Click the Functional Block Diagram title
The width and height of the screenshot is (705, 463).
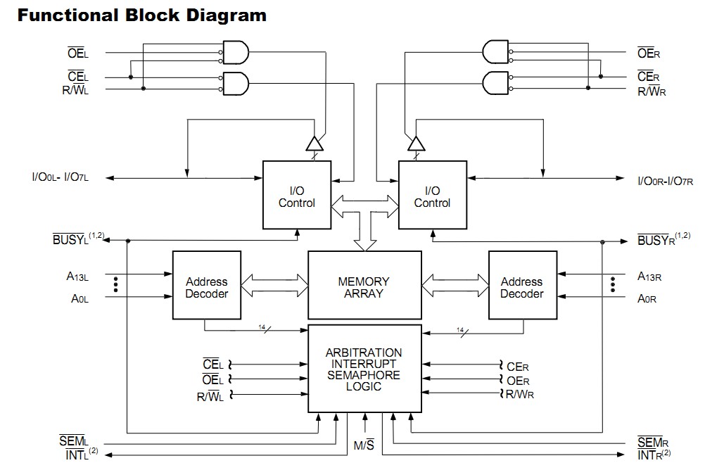pos(142,15)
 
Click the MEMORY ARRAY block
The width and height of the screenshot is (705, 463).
pos(363,287)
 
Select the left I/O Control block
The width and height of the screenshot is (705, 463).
pos(297,196)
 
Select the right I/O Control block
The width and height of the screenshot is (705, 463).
pos(432,196)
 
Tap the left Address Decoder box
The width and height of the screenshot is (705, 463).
pos(206,287)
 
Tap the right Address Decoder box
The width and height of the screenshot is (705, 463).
pos(521,287)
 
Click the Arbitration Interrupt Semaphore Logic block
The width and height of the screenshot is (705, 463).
pos(364,369)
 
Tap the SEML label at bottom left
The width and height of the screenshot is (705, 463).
pos(72,442)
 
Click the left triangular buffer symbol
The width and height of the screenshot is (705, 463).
pos(314,144)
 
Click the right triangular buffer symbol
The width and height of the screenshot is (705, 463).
pos(417,144)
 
